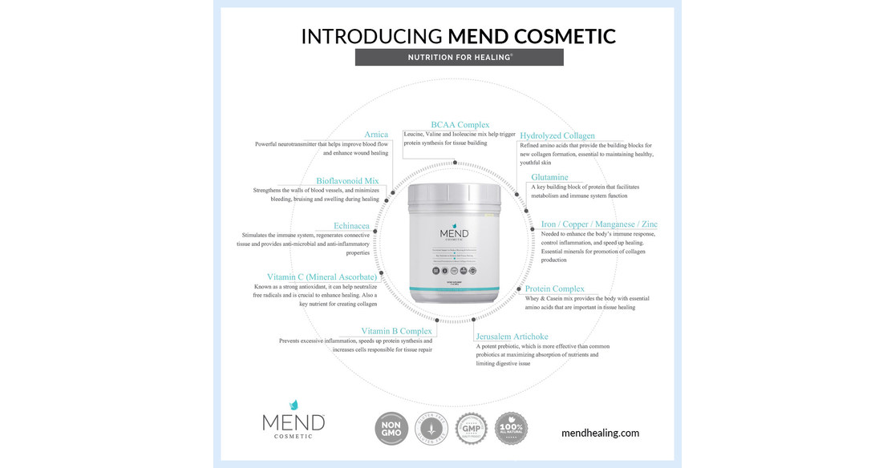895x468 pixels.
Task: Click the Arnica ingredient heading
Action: (376, 135)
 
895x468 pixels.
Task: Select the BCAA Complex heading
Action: (460, 125)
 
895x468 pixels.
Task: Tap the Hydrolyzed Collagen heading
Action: (557, 135)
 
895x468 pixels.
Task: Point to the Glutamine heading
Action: (549, 177)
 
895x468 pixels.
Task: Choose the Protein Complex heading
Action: (555, 288)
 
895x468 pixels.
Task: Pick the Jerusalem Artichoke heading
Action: (512, 337)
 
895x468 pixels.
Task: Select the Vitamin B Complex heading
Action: (396, 331)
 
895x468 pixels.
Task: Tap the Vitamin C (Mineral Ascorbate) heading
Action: (322, 277)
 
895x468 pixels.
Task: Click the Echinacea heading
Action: (352, 226)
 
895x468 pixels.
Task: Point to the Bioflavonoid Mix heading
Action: (347, 181)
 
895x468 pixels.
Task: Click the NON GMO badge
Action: (391, 428)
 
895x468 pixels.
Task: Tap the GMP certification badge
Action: (471, 428)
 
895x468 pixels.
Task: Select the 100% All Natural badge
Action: (511, 428)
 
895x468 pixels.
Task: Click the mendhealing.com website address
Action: (600, 433)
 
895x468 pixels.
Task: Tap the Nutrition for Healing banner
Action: (459, 58)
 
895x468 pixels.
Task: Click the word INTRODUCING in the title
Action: (371, 36)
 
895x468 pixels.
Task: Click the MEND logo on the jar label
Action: (454, 235)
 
